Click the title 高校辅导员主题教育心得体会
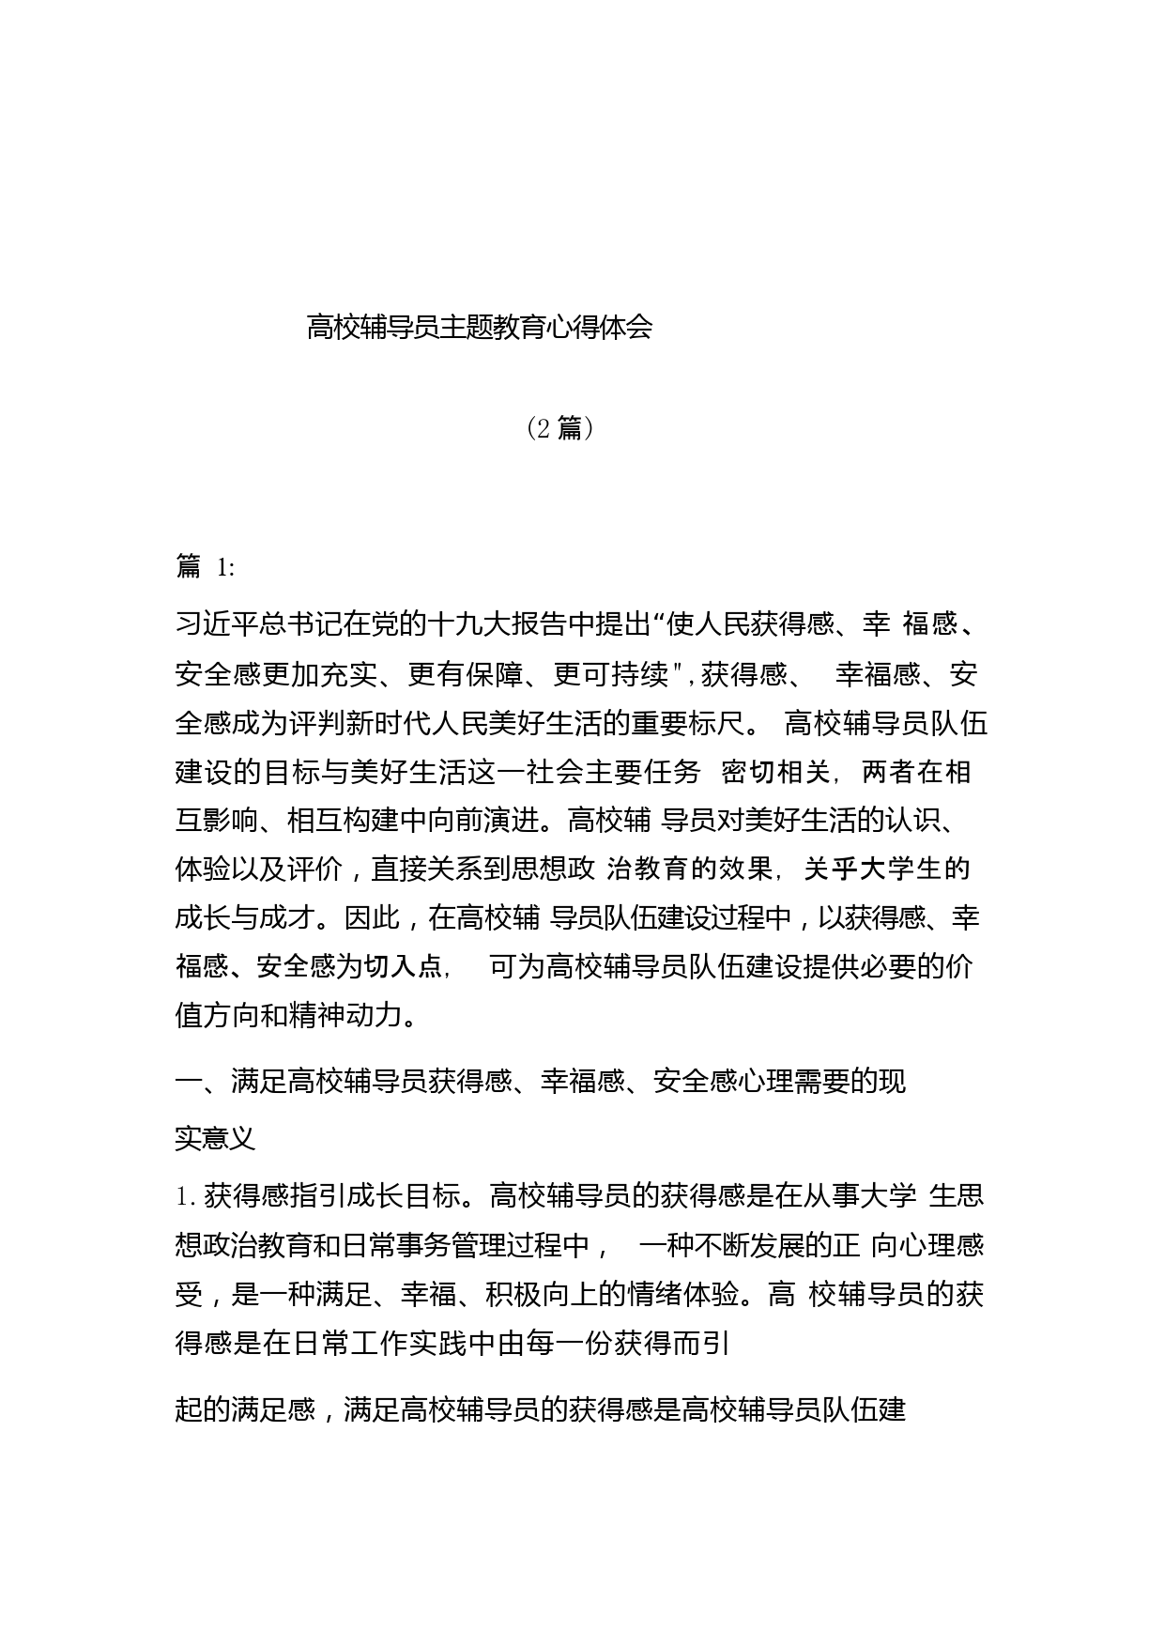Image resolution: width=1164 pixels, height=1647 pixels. pyautogui.click(x=479, y=328)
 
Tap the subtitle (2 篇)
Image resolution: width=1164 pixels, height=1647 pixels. pyautogui.click(x=559, y=428)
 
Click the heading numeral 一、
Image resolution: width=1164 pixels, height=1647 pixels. pyautogui.click(x=202, y=1082)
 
